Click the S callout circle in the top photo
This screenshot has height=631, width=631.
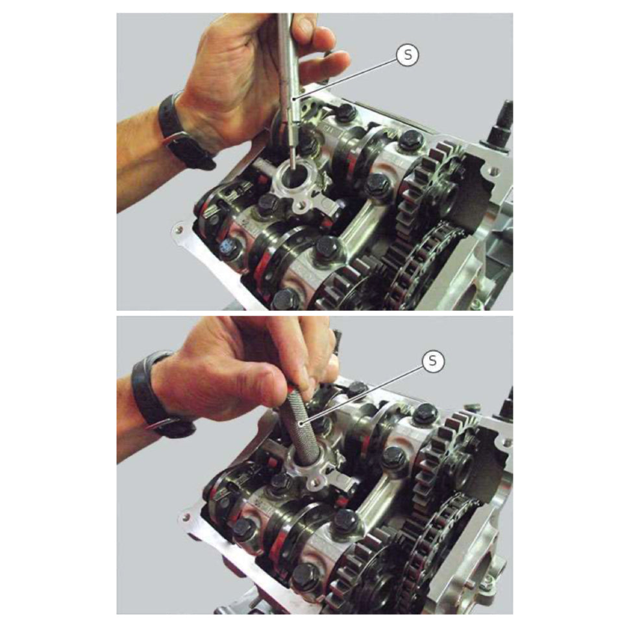407,56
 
